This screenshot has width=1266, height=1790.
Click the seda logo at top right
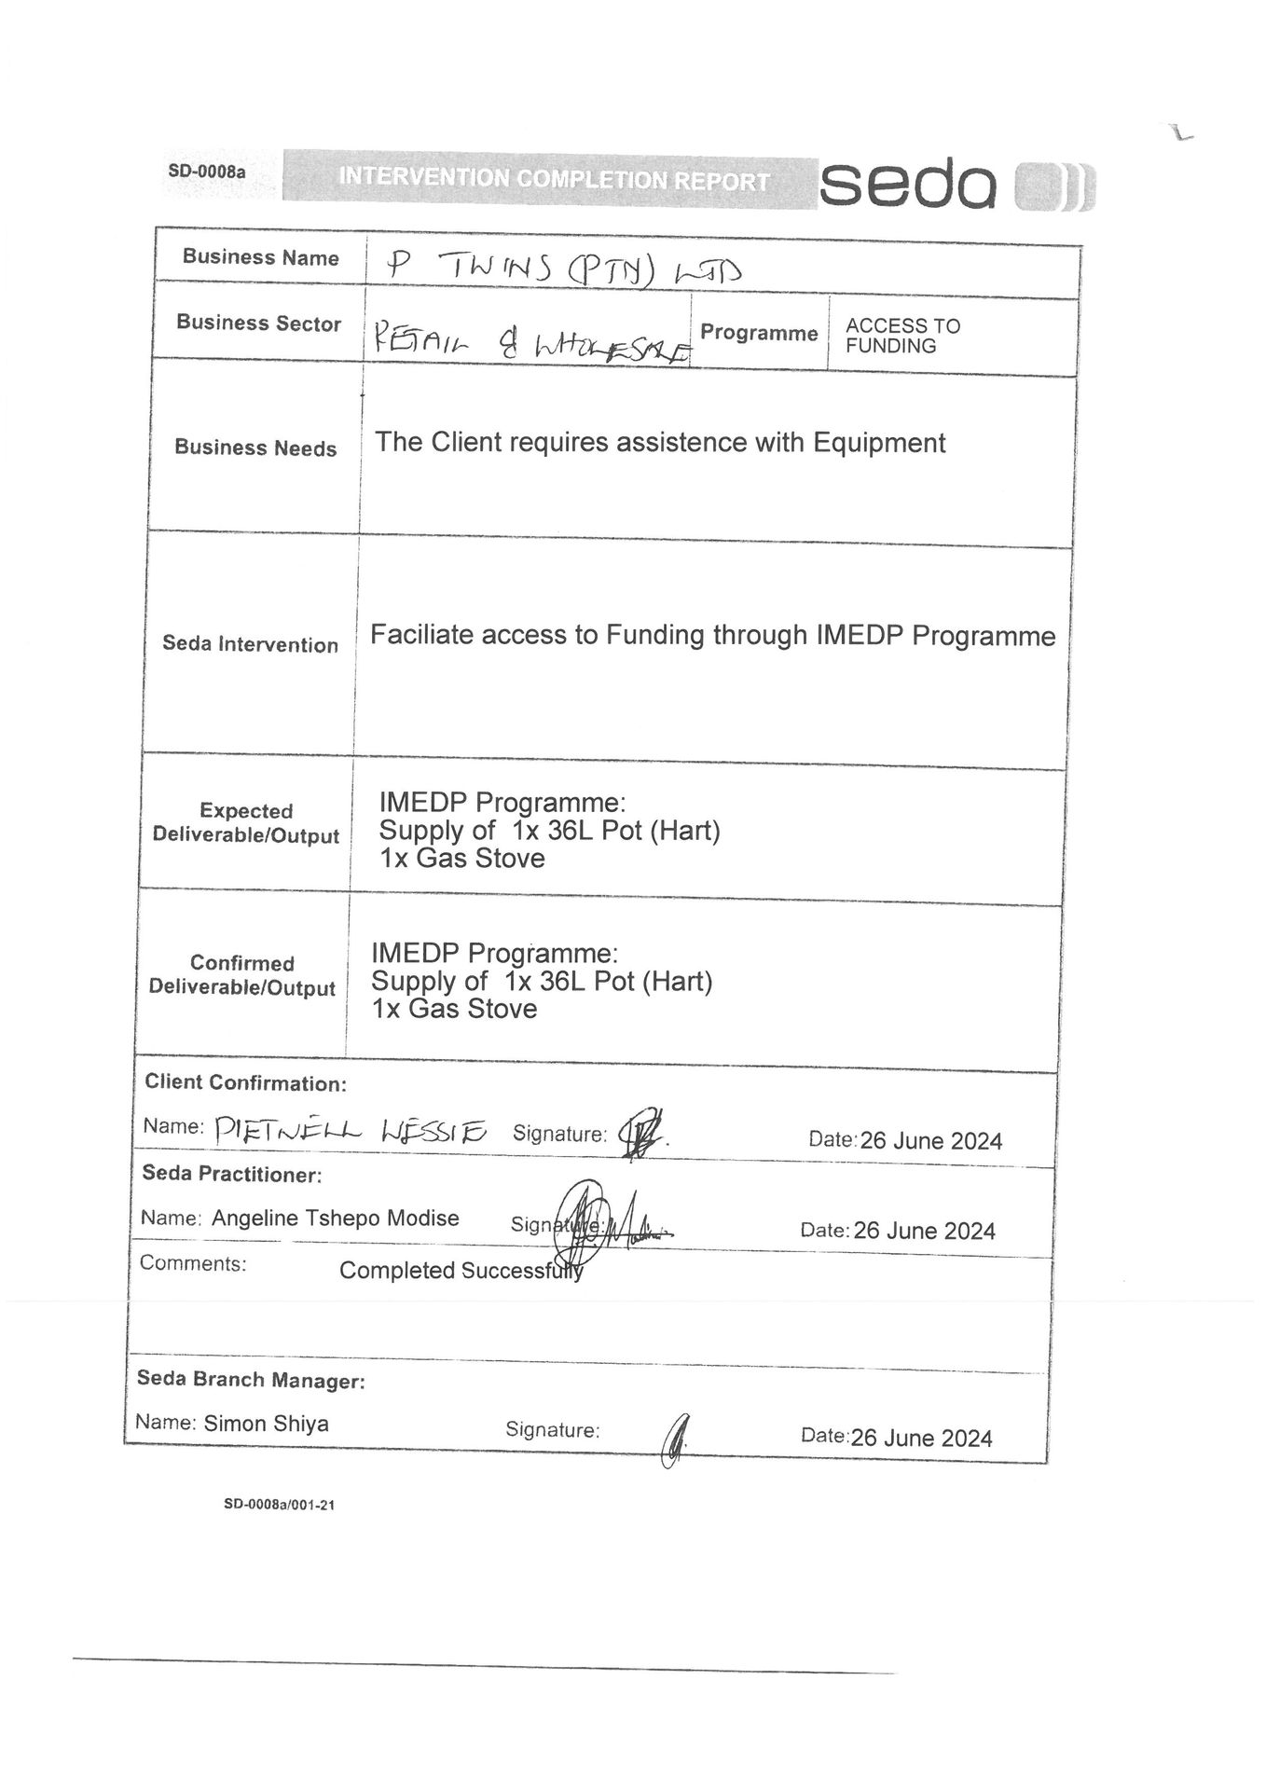(x=956, y=185)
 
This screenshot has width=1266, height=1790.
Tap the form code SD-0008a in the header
(x=206, y=172)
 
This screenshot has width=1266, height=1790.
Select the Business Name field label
(x=260, y=257)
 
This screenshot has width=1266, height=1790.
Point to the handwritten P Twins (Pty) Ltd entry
(x=564, y=270)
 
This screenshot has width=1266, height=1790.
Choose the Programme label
(x=758, y=333)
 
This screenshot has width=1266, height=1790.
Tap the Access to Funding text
(x=901, y=336)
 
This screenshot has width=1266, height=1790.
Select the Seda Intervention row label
(x=250, y=644)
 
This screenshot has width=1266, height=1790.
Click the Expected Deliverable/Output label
(x=246, y=824)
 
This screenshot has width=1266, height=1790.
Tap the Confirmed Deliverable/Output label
(x=242, y=975)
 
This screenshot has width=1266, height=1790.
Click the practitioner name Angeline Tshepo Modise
(x=336, y=1219)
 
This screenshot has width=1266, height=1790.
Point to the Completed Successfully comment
(x=461, y=1271)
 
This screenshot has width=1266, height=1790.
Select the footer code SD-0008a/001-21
(x=279, y=1504)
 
